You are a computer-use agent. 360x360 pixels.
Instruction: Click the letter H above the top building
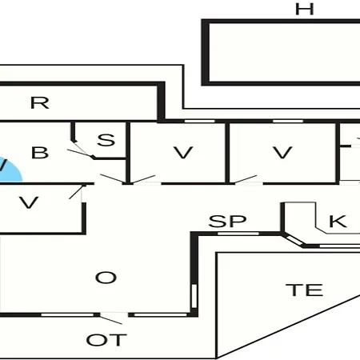(305, 9)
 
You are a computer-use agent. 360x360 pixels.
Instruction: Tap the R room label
(40, 102)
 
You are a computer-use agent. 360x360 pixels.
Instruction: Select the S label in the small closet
(106, 140)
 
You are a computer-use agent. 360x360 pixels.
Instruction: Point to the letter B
(40, 153)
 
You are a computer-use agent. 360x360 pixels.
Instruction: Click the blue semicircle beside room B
(10, 170)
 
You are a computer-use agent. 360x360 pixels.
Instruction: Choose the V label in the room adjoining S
(183, 153)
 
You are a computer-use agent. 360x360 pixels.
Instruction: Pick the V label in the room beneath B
(29, 202)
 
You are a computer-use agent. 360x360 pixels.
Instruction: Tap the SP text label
(227, 221)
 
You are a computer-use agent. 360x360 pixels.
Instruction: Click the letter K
(338, 221)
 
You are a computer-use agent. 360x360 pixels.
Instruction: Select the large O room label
(106, 278)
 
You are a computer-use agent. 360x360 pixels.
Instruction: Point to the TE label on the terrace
(304, 290)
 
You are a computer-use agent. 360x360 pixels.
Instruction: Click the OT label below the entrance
(106, 340)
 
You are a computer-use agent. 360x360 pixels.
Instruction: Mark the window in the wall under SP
(238, 234)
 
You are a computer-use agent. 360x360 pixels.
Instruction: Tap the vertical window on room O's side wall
(194, 296)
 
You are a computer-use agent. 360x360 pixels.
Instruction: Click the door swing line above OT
(110, 320)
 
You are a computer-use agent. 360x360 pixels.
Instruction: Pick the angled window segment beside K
(294, 240)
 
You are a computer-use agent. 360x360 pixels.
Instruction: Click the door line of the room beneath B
(76, 192)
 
